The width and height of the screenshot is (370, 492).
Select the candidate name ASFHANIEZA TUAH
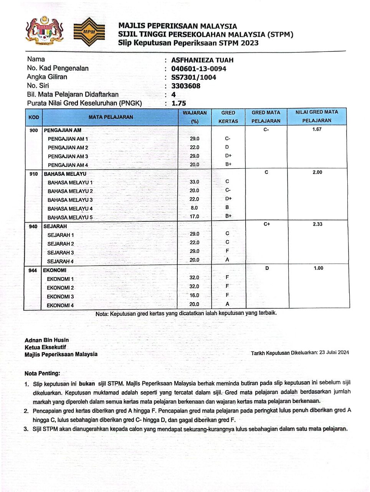(x=202, y=60)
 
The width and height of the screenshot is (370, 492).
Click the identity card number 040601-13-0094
(x=198, y=69)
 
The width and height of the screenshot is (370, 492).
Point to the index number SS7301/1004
(x=193, y=77)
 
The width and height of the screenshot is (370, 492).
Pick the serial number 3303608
(x=186, y=86)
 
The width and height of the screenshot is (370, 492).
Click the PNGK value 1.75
(x=178, y=103)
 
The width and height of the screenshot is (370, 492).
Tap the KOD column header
(x=34, y=117)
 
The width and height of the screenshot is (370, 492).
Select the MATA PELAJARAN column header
(x=111, y=117)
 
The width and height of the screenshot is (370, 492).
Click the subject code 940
(x=33, y=226)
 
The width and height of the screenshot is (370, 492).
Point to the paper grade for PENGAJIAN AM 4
(x=228, y=165)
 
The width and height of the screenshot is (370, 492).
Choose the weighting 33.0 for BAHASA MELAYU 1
(x=195, y=182)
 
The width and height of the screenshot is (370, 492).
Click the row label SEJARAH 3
(x=61, y=253)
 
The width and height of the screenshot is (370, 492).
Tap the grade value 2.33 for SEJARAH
(x=317, y=224)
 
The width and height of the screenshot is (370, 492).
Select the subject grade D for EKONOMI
(x=267, y=268)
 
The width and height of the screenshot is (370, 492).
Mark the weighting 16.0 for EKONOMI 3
(x=195, y=295)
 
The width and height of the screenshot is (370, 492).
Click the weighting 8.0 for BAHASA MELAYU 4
(x=195, y=208)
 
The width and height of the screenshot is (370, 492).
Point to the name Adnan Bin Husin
(x=47, y=340)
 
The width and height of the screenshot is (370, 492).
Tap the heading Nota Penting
(x=42, y=373)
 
